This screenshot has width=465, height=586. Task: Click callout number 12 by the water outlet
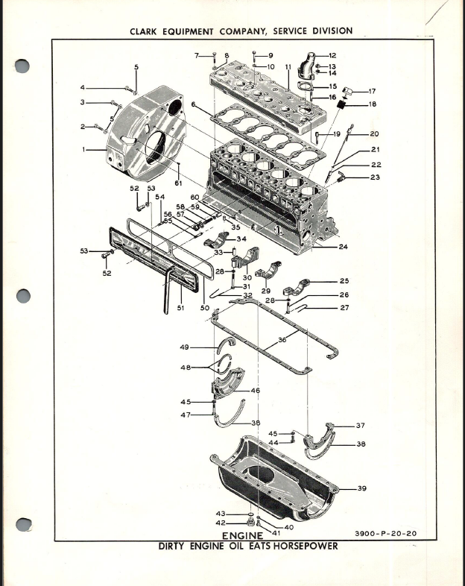pos(332,55)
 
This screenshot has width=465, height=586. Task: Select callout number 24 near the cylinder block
pos(344,247)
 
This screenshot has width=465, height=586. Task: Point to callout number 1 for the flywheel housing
pos(86,150)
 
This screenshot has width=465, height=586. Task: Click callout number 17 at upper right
pos(371,91)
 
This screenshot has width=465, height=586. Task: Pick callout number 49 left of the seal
pos(183,347)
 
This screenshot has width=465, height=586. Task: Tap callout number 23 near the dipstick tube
pos(374,177)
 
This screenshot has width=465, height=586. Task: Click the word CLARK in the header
pos(147,31)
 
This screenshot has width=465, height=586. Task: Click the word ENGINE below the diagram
pos(242,536)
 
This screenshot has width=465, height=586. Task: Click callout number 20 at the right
pos(374,134)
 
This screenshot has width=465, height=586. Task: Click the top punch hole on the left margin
pos(23,66)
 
